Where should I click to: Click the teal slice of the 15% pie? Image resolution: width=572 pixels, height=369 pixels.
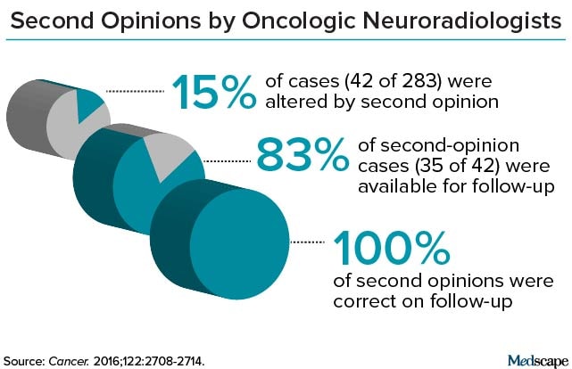click(x=90, y=104)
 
